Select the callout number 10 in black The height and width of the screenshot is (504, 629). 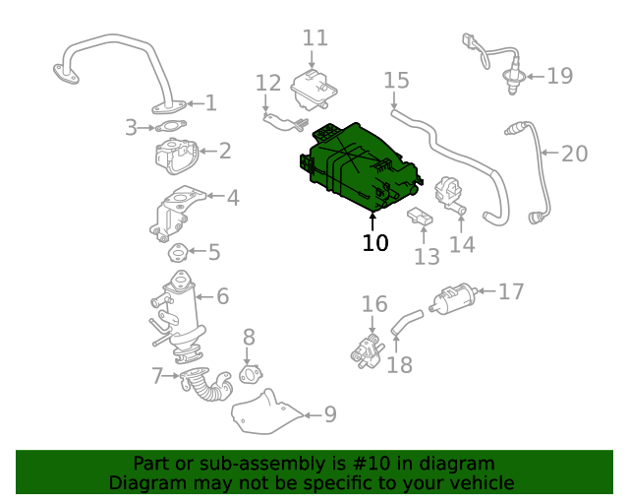pyautogui.click(x=374, y=242)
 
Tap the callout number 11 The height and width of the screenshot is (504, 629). pyautogui.click(x=314, y=38)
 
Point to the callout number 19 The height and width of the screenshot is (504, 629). pyautogui.click(x=559, y=76)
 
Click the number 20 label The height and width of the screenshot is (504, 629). pyautogui.click(x=574, y=154)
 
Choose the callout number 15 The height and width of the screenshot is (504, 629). pyautogui.click(x=395, y=80)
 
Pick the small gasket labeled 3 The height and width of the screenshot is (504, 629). pyautogui.click(x=171, y=126)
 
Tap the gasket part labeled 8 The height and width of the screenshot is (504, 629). pyautogui.click(x=252, y=374)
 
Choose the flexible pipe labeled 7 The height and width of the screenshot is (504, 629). pyautogui.click(x=207, y=385)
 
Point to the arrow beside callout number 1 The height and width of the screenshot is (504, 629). pyautogui.click(x=195, y=103)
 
